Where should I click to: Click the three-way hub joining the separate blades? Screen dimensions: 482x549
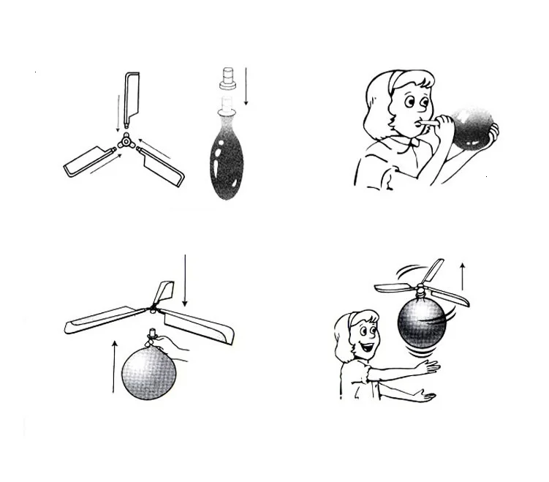(x=126, y=139)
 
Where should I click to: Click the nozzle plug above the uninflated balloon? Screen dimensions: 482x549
(x=227, y=79)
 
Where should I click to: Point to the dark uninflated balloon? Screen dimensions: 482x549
(x=227, y=157)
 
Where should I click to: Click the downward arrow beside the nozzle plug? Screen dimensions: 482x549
(x=246, y=86)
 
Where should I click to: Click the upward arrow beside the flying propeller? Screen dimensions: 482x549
(x=462, y=278)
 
